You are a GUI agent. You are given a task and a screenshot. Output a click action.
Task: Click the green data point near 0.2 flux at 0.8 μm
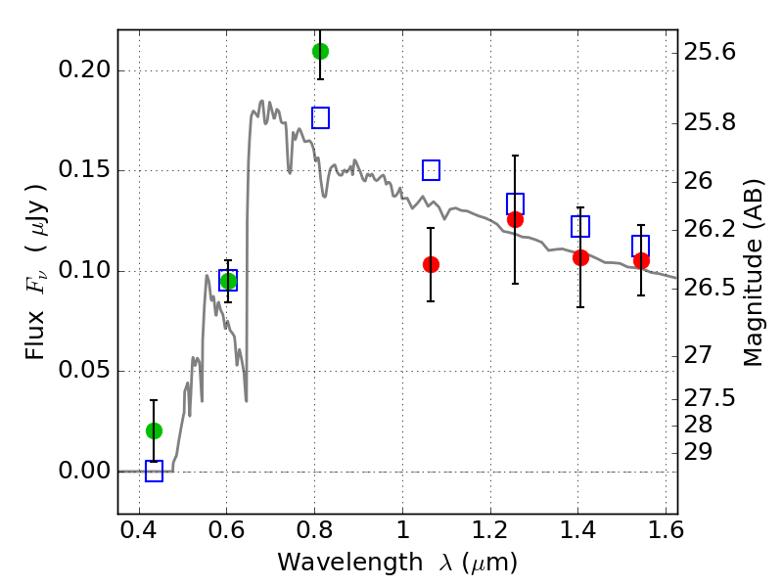[320, 51]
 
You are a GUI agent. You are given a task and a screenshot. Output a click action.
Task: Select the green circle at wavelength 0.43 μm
[154, 430]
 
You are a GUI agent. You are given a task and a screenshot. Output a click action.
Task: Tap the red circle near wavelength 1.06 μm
[431, 264]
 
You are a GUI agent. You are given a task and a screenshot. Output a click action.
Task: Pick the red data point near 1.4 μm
[580, 258]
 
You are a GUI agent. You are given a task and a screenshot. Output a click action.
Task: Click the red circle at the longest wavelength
[641, 260]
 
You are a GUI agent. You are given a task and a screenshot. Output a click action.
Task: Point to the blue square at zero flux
[154, 472]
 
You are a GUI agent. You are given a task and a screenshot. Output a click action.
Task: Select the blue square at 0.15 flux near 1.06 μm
[431, 170]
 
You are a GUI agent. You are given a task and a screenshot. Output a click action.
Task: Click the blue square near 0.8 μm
[320, 117]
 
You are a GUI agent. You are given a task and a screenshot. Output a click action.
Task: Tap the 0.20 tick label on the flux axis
[84, 69]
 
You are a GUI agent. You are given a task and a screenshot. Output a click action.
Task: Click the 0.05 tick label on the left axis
[84, 370]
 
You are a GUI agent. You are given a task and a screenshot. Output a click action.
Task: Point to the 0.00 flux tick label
[84, 471]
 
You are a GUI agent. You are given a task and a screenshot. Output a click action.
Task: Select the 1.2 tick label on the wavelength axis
[490, 530]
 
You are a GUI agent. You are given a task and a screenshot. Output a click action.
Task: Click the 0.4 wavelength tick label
[139, 530]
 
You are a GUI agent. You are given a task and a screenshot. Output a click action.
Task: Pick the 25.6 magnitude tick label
[710, 52]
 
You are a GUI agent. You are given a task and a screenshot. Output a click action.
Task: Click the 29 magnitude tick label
[698, 452]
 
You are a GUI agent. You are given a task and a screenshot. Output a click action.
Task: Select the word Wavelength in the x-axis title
[350, 563]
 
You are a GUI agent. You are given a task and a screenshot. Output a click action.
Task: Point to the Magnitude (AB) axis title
[753, 273]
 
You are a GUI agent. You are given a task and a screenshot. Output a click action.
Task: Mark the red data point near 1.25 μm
[515, 219]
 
